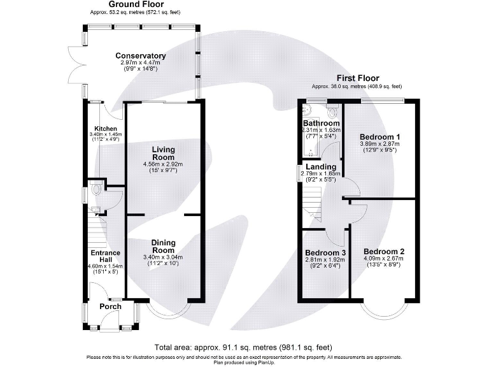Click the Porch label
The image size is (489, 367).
[110, 306]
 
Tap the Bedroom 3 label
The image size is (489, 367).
[324, 252]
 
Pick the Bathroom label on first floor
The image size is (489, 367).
[321, 123]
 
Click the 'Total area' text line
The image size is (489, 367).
[244, 347]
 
